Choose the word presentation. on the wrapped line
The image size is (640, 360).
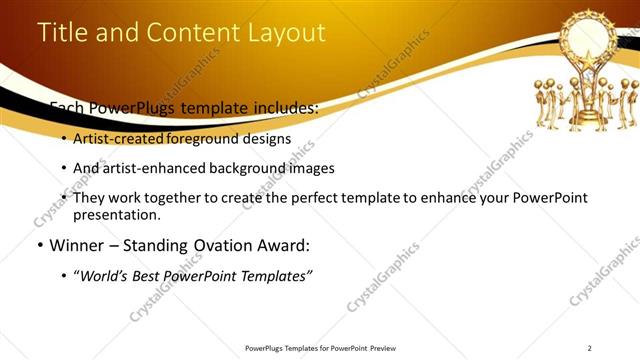[x=116, y=215]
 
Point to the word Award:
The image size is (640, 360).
[x=286, y=246]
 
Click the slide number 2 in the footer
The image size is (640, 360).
[x=590, y=348]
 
